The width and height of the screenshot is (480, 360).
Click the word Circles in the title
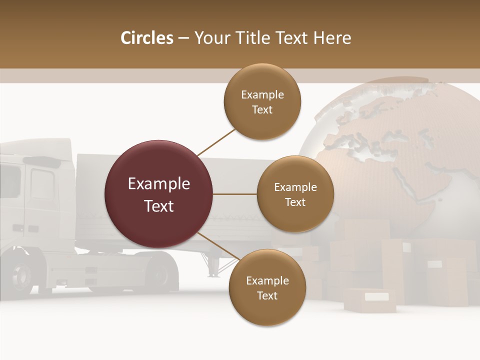coord(146,38)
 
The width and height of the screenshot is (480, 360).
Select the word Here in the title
coord(332,38)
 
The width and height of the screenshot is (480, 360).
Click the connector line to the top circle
coord(217,141)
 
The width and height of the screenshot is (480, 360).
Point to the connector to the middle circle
coord(235,194)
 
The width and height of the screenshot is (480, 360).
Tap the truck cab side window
coord(42,183)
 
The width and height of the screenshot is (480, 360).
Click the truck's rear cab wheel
coord(160,274)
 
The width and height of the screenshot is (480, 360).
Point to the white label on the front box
coord(376,297)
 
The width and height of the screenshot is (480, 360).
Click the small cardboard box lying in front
coord(370,300)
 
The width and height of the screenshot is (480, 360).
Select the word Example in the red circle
coord(159,184)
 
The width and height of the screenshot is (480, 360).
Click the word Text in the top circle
coord(262,110)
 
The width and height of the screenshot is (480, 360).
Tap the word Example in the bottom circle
coord(267,281)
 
